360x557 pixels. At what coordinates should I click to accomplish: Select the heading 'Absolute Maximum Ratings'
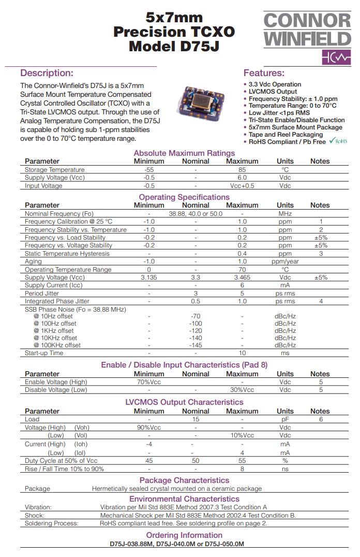(x=184, y=153)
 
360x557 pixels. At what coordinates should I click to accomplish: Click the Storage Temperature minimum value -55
(x=149, y=170)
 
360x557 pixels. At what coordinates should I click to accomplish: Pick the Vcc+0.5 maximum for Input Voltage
(x=242, y=186)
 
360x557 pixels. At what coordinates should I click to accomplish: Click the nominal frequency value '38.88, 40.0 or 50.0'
(x=196, y=214)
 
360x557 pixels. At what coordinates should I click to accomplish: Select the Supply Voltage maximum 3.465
(x=242, y=277)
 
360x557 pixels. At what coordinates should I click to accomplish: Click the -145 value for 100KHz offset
(x=196, y=345)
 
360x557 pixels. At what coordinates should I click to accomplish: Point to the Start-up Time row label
(x=44, y=353)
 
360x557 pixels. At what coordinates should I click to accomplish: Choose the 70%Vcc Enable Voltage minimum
(x=149, y=382)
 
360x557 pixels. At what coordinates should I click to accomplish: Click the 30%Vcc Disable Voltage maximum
(x=242, y=390)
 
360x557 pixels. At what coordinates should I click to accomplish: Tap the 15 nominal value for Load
(x=196, y=419)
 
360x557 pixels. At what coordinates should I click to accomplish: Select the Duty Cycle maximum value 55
(x=242, y=461)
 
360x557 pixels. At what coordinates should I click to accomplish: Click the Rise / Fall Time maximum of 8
(x=242, y=469)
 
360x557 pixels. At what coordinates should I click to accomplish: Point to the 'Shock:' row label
(x=35, y=516)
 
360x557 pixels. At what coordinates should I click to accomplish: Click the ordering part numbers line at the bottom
(x=176, y=544)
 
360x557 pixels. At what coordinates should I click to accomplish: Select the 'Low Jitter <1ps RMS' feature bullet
(x=279, y=113)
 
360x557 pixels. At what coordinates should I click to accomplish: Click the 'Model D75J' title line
(x=174, y=46)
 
